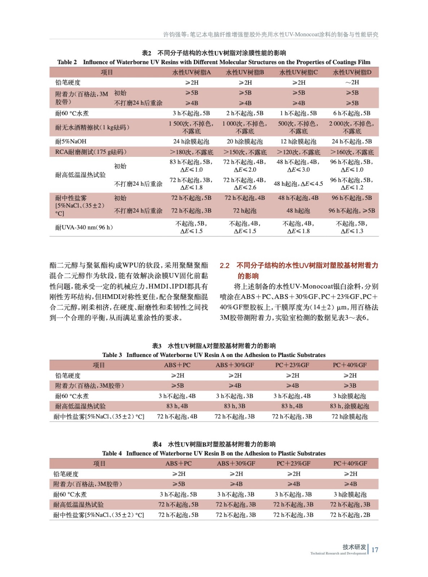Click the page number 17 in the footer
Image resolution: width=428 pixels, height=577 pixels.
pyautogui.click(x=375, y=550)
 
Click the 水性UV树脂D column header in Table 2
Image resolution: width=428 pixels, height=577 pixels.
pyautogui.click(x=352, y=72)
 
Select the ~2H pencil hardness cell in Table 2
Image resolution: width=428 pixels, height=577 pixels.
pyautogui.click(x=352, y=83)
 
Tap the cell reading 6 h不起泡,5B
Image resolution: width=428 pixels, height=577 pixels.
pyautogui.click(x=352, y=113)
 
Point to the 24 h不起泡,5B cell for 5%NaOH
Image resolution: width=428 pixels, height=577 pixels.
pyautogui.click(x=352, y=142)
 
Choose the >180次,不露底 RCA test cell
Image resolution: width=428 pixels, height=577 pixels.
pyautogui.click(x=191, y=152)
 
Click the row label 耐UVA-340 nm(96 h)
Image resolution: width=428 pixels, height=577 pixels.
pyautogui.click(x=84, y=227)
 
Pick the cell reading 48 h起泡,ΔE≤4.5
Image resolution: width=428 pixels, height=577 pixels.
pyautogui.click(x=298, y=184)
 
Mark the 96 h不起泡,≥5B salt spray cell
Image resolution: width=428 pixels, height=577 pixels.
pyautogui.click(x=352, y=211)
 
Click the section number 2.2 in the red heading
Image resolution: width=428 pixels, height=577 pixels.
pyautogui.click(x=225, y=266)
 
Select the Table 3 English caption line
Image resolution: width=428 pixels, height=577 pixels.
pyautogui.click(x=214, y=355)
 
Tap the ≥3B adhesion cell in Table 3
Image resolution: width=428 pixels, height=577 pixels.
pyautogui.click(x=350, y=386)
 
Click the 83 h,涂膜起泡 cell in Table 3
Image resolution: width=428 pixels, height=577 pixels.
pyautogui.click(x=349, y=406)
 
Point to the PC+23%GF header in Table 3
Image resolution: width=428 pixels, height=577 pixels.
pyautogui.click(x=292, y=365)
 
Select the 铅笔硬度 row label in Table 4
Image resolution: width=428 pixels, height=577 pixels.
pyautogui.click(x=66, y=474)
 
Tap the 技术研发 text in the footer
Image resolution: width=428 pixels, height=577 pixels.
pyautogui.click(x=354, y=547)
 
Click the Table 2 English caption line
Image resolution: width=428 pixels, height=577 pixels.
pyautogui.click(x=214, y=62)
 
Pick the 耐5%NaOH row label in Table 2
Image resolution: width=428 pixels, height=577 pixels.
pyautogui.click(x=71, y=142)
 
